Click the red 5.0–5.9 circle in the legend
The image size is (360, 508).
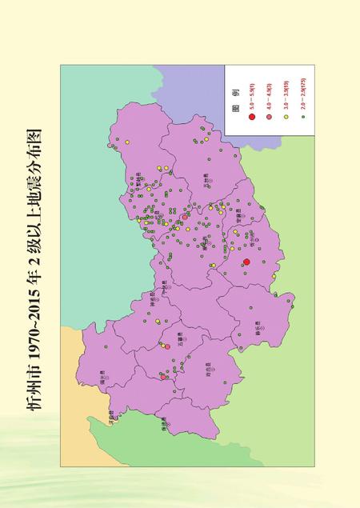click(251, 118)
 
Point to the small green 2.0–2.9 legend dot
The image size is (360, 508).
click(302, 118)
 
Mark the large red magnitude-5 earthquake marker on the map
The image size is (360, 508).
click(246, 262)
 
